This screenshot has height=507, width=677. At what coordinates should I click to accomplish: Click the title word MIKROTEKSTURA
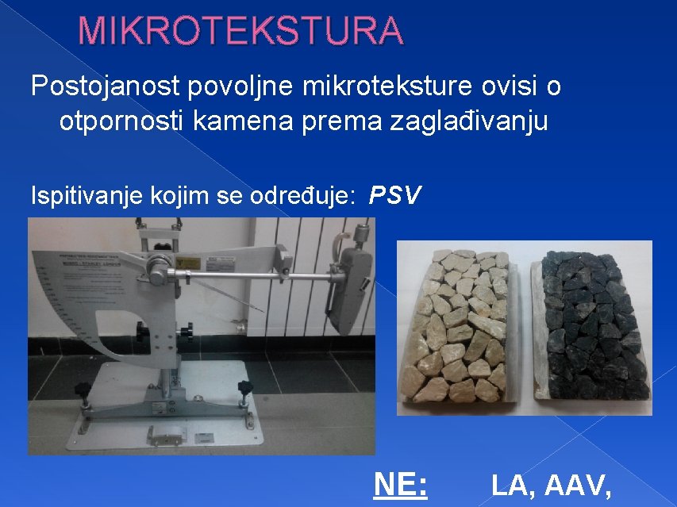click(x=240, y=31)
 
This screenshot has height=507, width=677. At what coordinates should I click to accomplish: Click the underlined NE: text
click(x=400, y=483)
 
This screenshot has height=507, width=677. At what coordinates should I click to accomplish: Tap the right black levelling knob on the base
click(x=244, y=388)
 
